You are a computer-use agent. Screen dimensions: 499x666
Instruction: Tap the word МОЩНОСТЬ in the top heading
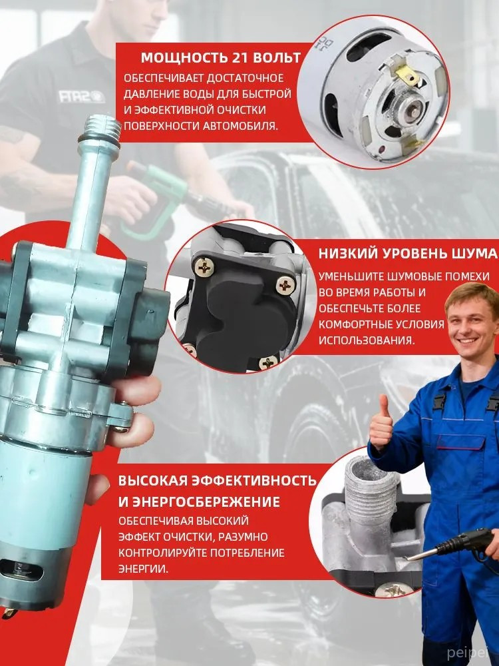click(x=184, y=58)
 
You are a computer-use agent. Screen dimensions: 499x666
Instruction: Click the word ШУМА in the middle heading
click(x=476, y=254)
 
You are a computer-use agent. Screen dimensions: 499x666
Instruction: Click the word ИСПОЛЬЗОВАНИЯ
click(x=366, y=340)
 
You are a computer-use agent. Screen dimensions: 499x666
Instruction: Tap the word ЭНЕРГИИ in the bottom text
click(x=143, y=569)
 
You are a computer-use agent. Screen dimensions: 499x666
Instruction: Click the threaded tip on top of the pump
click(x=102, y=128)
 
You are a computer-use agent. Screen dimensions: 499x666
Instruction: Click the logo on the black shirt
click(x=81, y=96)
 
